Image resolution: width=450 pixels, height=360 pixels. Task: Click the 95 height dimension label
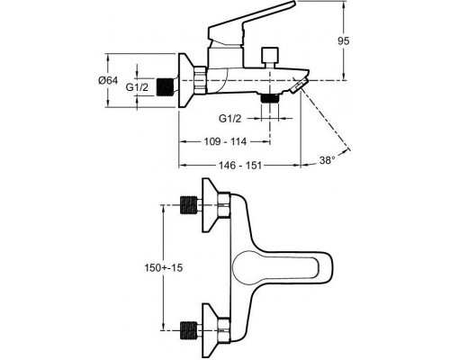pyautogui.click(x=344, y=40)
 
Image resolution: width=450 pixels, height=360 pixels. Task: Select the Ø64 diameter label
pyautogui.click(x=108, y=80)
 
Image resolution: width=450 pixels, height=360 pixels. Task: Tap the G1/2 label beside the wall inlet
pyautogui.click(x=137, y=87)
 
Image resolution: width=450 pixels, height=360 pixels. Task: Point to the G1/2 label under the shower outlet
pyautogui.click(x=229, y=119)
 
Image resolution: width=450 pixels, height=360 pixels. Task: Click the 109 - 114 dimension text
pyautogui.click(x=225, y=141)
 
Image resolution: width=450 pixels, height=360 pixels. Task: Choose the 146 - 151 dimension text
pyautogui.click(x=240, y=165)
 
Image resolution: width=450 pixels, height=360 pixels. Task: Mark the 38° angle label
pyautogui.click(x=327, y=160)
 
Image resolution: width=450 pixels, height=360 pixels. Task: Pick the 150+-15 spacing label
pyautogui.click(x=164, y=267)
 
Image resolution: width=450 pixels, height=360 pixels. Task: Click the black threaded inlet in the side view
pyautogui.click(x=166, y=87)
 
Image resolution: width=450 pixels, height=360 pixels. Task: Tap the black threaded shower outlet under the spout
pyautogui.click(x=270, y=98)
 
